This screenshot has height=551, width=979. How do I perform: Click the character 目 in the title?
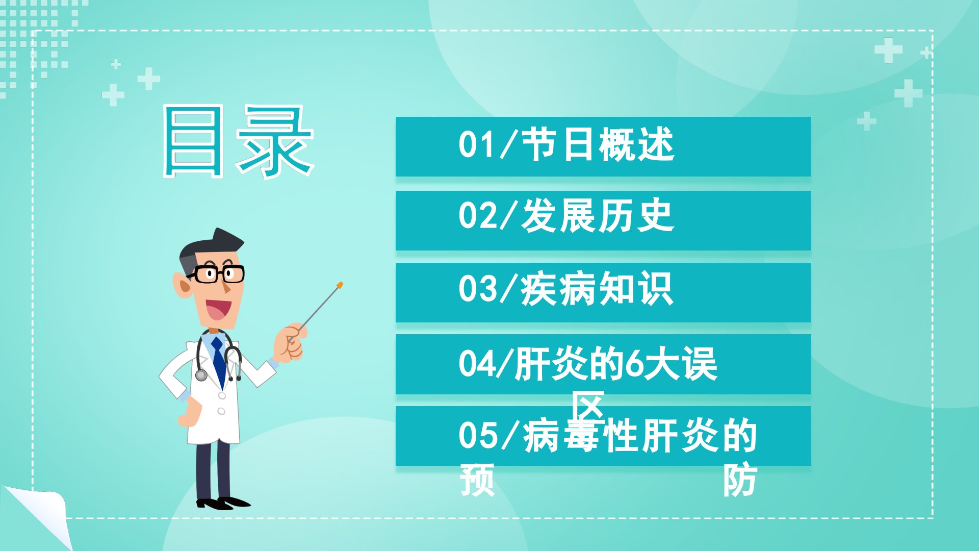click(x=193, y=141)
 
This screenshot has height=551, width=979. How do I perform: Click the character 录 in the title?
click(x=274, y=141)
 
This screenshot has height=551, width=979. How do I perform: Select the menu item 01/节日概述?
click(x=566, y=145)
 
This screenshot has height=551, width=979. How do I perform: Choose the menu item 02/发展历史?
click(x=566, y=216)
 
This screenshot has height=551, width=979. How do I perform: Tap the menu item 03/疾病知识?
click(x=566, y=289)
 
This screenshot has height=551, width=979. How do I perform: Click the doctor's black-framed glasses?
click(x=216, y=274)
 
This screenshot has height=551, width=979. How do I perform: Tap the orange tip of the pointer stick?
click(x=340, y=285)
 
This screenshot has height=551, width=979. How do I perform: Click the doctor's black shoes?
click(x=222, y=503)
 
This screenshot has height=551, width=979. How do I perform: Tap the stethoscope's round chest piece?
click(x=201, y=375)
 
